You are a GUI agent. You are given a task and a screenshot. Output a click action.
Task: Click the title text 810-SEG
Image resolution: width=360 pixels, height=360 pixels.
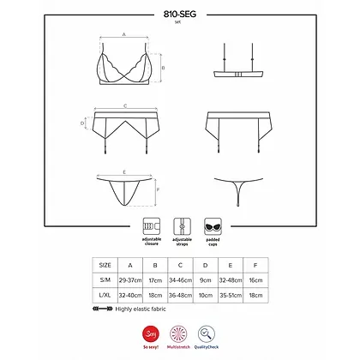pos(180,14)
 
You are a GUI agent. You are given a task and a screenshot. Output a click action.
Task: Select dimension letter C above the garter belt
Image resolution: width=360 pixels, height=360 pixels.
pos(125,105)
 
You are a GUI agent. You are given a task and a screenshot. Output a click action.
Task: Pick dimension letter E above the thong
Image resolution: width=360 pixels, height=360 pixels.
pos(124,172)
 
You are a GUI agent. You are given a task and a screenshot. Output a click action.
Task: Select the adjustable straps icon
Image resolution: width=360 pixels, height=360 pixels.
pos(180,226)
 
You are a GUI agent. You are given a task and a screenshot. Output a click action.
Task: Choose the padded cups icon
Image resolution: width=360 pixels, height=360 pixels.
pos(211,226)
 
